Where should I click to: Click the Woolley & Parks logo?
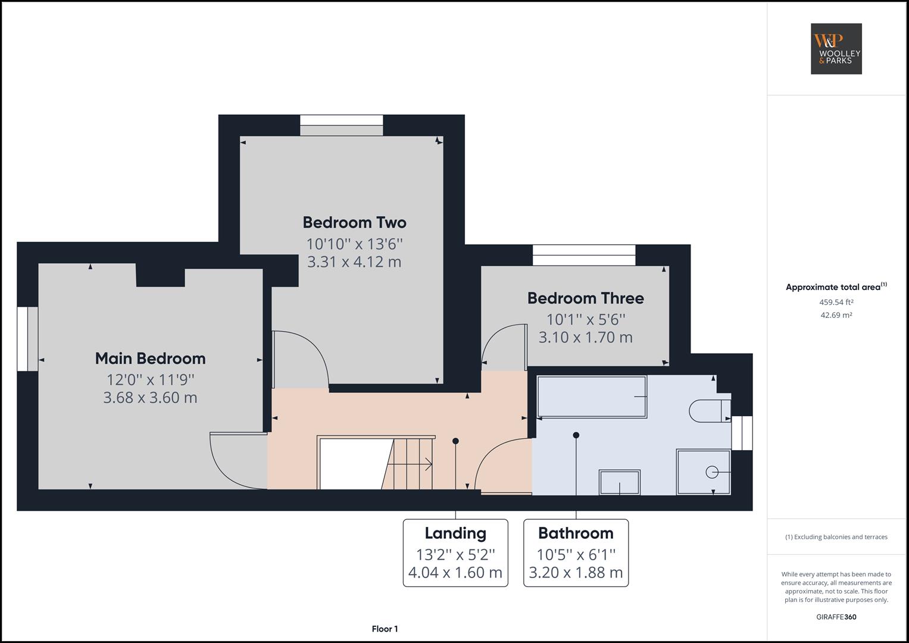pyautogui.click(x=836, y=49)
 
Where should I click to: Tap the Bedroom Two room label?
pyautogui.click(x=354, y=223)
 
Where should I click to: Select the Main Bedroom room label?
pyautogui.click(x=150, y=358)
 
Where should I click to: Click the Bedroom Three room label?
pyautogui.click(x=585, y=298)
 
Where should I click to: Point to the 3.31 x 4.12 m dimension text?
pyautogui.click(x=354, y=261)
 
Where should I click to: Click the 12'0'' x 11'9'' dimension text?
pyautogui.click(x=150, y=379)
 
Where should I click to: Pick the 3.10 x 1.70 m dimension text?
pyautogui.click(x=585, y=338)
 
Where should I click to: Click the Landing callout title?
pyautogui.click(x=455, y=533)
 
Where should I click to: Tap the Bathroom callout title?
pyautogui.click(x=576, y=533)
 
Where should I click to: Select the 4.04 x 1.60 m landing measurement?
pyautogui.click(x=455, y=573)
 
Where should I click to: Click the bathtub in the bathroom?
pyautogui.click(x=592, y=397)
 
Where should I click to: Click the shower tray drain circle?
pyautogui.click(x=712, y=472)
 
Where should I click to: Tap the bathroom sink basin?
pyautogui.click(x=620, y=482)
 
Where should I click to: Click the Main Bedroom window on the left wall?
pyautogui.click(x=27, y=339)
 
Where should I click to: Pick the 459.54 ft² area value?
pyautogui.click(x=836, y=302)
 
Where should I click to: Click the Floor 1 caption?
pyautogui.click(x=385, y=629)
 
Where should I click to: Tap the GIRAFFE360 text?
pyautogui.click(x=836, y=617)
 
